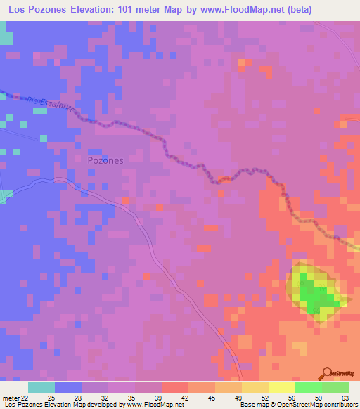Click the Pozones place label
pos(105,160)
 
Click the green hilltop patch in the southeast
pos(316,294)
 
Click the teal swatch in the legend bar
pos(41,387)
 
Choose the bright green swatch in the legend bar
pos(308,387)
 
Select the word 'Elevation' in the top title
pos(100,9)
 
